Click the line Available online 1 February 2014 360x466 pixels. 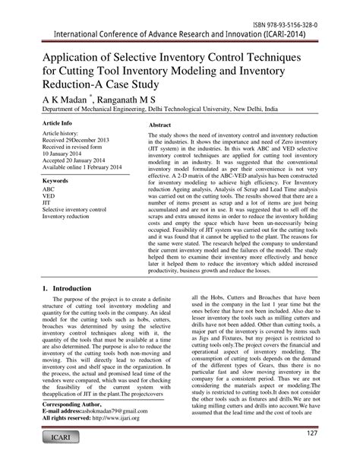tap(85, 166)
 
